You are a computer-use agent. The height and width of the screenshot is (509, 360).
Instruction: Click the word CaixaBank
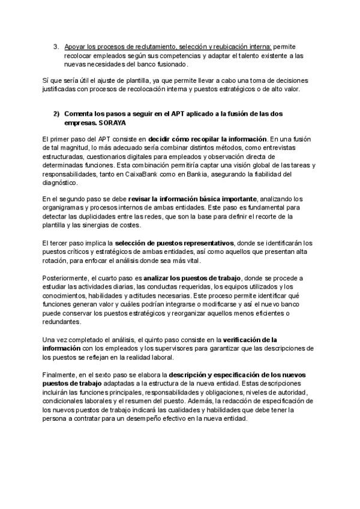pyautogui.click(x=186, y=173)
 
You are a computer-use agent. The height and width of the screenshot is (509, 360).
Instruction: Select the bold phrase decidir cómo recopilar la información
pyautogui.click(x=206, y=139)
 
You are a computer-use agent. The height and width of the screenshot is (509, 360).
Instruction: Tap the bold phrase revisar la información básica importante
pyautogui.click(x=193, y=199)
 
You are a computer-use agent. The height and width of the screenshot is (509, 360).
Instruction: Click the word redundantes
pyautogui.click(x=63, y=321)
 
